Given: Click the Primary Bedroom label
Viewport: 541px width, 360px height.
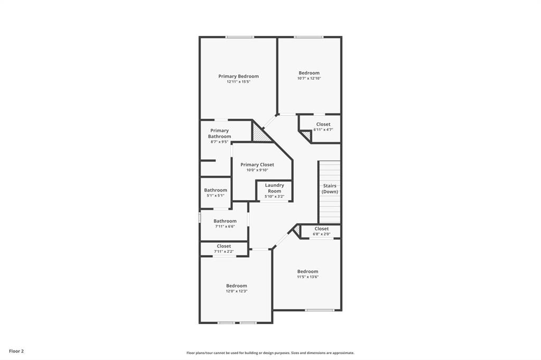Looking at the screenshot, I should tap(238, 76).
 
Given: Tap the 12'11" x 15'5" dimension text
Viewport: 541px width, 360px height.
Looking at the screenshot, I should tap(238, 82).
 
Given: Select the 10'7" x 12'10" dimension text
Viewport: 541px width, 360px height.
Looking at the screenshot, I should tap(309, 78).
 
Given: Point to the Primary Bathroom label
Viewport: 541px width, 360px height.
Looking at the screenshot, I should tap(219, 134).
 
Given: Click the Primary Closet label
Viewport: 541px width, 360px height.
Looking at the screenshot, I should tap(257, 165).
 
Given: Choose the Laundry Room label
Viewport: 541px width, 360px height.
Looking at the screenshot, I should tap(274, 188).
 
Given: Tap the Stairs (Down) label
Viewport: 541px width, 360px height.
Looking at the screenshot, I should tap(330, 188).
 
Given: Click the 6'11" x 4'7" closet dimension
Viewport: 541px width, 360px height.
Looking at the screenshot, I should tap(323, 129).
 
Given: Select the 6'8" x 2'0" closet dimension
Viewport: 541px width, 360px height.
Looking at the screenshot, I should tap(321, 234).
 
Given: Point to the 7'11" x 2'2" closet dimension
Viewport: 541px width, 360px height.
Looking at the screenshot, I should tap(223, 251).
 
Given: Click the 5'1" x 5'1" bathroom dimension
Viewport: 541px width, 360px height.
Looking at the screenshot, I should tap(216, 195).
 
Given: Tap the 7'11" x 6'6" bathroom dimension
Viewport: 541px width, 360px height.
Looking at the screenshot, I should tap(225, 226).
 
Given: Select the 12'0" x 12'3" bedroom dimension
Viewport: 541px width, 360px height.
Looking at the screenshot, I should tap(236, 291).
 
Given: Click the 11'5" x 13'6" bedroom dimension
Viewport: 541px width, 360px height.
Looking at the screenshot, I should tap(307, 277).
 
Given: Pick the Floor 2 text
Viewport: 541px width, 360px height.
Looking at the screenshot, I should tap(16, 351).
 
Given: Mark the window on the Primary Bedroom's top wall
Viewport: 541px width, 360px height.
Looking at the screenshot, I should tap(240, 37).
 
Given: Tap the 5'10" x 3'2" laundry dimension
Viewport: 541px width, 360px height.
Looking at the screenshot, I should tap(274, 196).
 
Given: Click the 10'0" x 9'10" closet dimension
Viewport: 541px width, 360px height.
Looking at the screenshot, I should tap(257, 170).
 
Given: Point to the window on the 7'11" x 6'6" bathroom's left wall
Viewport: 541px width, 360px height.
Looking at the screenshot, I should tap(200, 217).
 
